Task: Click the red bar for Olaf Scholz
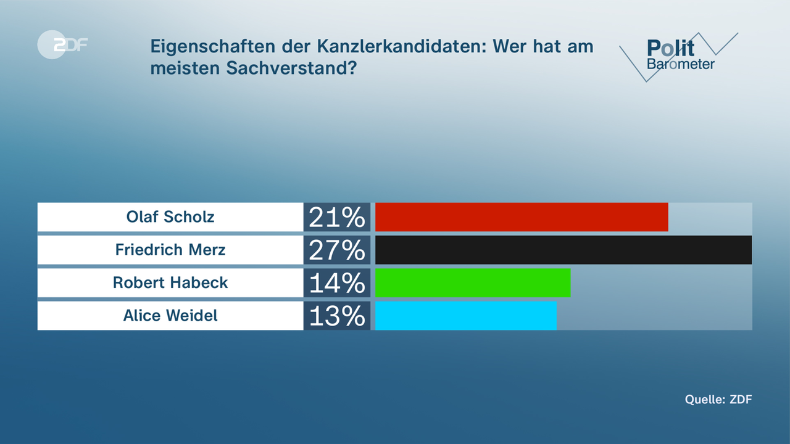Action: (x=522, y=217)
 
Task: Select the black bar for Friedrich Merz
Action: (x=563, y=250)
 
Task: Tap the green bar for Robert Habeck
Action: (x=473, y=282)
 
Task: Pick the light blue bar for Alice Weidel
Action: (x=465, y=316)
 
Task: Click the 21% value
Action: (x=337, y=217)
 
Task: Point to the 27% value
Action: (x=337, y=250)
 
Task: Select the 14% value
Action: (x=337, y=283)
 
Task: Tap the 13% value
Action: (x=337, y=316)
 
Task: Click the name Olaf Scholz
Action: (x=170, y=217)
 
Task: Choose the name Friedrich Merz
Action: (x=170, y=250)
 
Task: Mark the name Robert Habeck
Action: (x=170, y=282)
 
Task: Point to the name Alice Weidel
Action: (x=170, y=316)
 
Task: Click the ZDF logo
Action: (x=62, y=44)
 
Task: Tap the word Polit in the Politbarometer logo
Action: (x=671, y=48)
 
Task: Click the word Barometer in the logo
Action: (x=681, y=64)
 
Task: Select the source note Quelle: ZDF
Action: (x=718, y=399)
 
